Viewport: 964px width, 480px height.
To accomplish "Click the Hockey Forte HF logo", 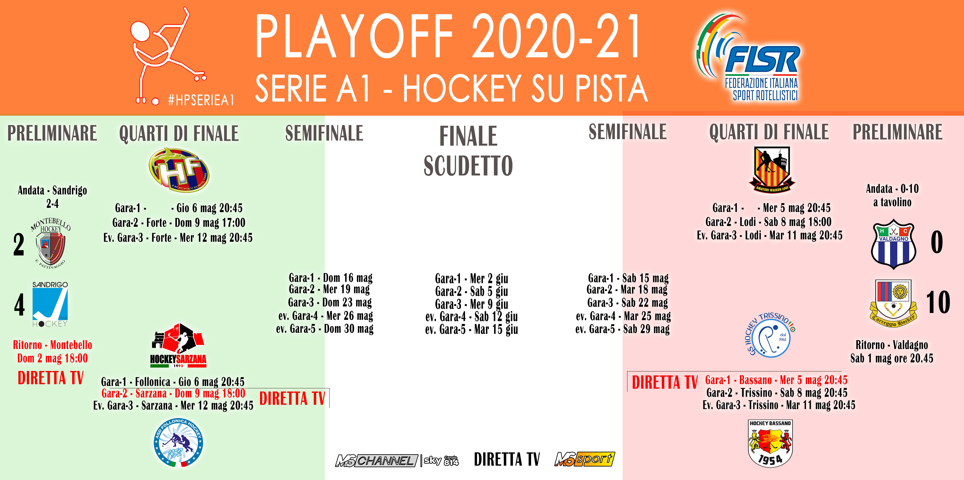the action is pos(179,169).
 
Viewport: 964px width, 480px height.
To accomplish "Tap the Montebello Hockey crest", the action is pos(50,243).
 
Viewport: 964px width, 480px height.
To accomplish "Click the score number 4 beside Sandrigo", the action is pos(19,305).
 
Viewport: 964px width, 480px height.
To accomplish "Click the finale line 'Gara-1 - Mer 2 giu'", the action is pos(471,279).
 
